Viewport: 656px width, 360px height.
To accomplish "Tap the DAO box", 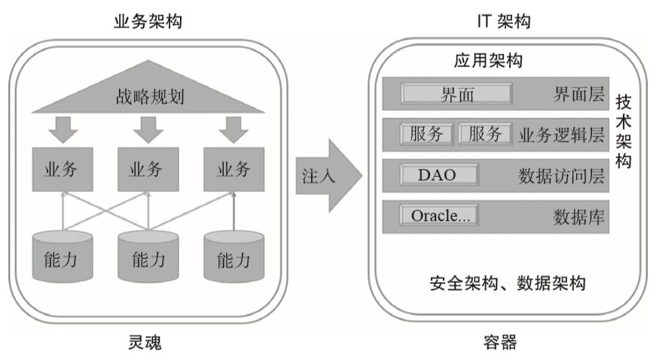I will [438, 175].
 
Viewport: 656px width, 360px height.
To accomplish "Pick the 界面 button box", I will [457, 94].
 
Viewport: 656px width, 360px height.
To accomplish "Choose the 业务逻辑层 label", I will [562, 135].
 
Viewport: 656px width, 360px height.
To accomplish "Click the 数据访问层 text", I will [562, 175].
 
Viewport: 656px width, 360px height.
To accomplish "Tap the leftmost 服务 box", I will [428, 134].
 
